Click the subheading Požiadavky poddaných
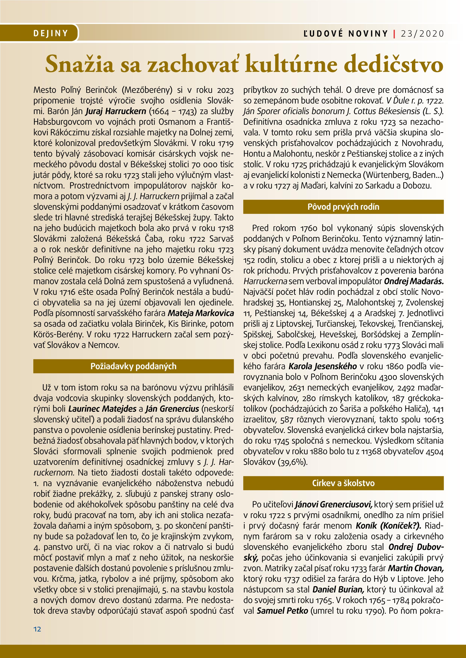click(133, 366)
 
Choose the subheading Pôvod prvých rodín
click(343, 207)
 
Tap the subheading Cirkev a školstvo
click(343, 483)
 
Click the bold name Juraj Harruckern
click(116, 111)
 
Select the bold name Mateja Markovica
click(201, 313)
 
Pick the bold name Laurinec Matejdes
click(102, 409)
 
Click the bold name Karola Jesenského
click(322, 366)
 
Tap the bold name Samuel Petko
click(282, 611)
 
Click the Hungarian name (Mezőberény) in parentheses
click(147, 90)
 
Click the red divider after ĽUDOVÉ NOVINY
click(394, 34)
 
